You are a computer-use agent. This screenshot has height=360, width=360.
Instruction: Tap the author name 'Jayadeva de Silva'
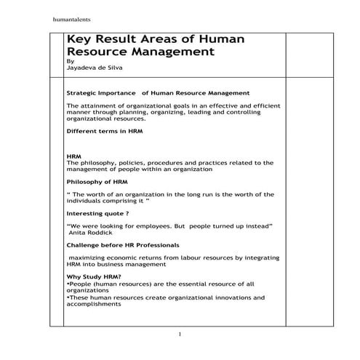coord(93,68)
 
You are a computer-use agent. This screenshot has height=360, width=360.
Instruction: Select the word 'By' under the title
coord(70,62)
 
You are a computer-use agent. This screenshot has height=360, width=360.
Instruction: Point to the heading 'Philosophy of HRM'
coord(97,181)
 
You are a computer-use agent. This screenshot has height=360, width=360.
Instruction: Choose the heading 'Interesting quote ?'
coord(97,214)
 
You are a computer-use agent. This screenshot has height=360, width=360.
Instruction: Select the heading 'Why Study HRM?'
coord(93,277)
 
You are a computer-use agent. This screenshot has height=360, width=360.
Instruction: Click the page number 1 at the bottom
coord(180,333)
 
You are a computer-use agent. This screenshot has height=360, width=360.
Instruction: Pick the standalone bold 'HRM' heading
coord(73,156)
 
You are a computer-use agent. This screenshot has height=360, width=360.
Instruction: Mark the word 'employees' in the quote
coord(156,227)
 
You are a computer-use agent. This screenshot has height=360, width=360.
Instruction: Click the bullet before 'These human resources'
coord(68,297)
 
